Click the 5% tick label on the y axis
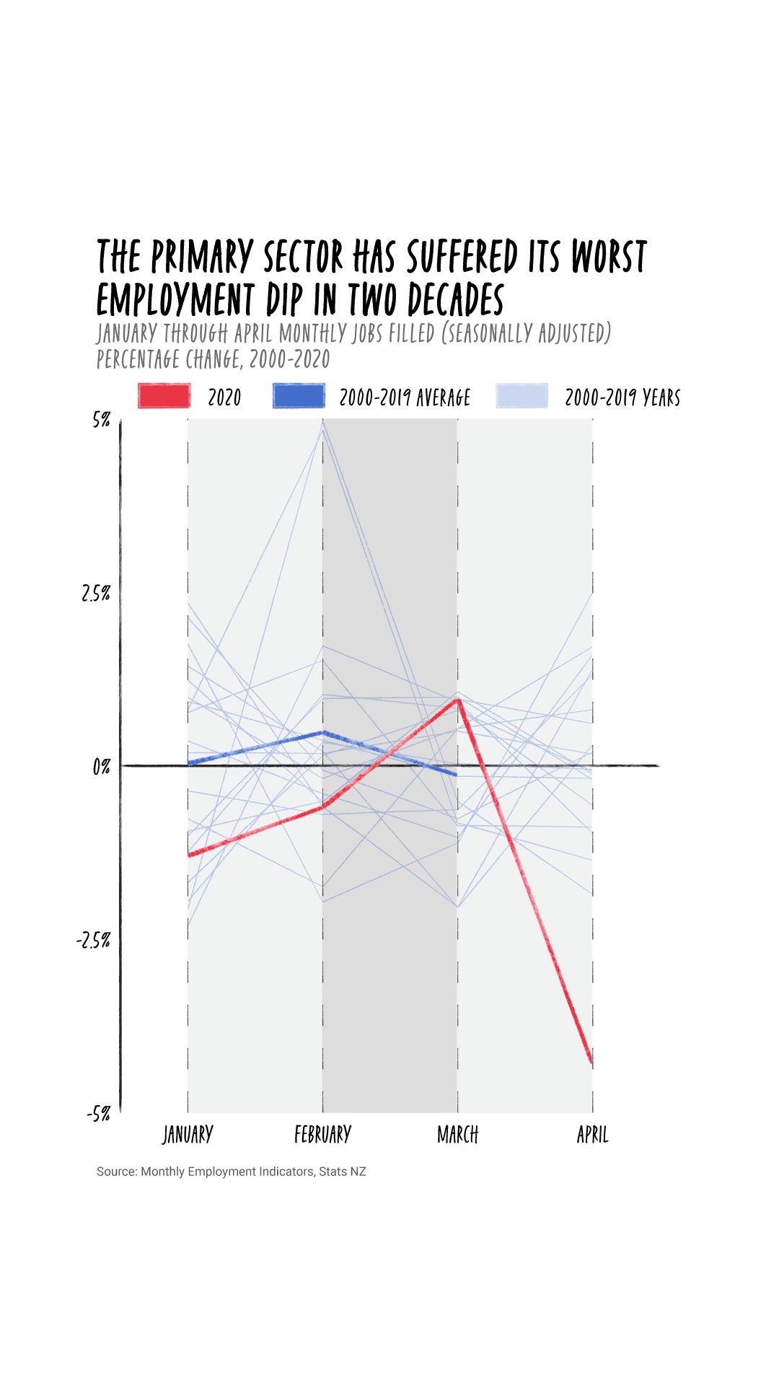coord(101,419)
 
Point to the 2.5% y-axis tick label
coord(95,594)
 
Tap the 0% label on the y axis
coord(101,767)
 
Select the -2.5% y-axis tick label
coord(93,940)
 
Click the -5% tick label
coord(98,1114)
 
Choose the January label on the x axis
coord(188,1135)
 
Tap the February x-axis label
coord(322,1135)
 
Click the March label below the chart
coord(457,1135)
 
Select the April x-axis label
coord(592,1135)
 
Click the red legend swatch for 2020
coord(164,396)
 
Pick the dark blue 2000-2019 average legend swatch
coord(299,396)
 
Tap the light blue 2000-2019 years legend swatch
coord(522,396)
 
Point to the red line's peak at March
coord(457,699)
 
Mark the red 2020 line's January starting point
coord(188,856)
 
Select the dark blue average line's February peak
coord(322,732)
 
